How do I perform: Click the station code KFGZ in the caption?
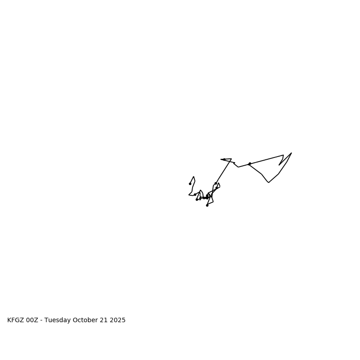[16, 320]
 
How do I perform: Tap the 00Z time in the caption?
[32, 320]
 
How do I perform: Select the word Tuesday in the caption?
[58, 320]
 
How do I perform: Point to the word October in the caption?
[85, 320]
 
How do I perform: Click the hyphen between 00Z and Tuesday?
[41, 320]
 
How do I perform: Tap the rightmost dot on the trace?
[250, 164]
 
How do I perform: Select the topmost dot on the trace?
[224, 159]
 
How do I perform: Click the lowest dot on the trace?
[207, 205]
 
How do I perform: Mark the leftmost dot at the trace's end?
[190, 184]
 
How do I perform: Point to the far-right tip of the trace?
[292, 153]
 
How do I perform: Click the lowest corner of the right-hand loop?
[269, 182]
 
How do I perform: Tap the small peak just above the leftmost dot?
[193, 177]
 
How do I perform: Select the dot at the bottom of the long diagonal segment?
[216, 183]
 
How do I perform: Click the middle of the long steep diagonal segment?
[224, 171]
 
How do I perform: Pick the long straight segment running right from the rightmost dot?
[266, 159]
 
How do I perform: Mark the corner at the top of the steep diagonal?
[231, 159]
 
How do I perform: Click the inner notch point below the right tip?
[279, 165]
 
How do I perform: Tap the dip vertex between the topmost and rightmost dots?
[238, 167]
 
